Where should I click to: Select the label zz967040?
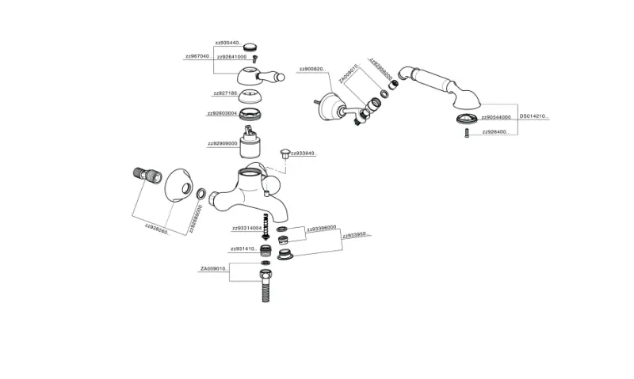click(197, 57)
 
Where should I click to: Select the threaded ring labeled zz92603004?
click(253, 113)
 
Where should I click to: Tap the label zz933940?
click(304, 153)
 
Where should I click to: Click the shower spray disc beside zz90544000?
click(466, 118)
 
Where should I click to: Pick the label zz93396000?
click(321, 228)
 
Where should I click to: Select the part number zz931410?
click(243, 248)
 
